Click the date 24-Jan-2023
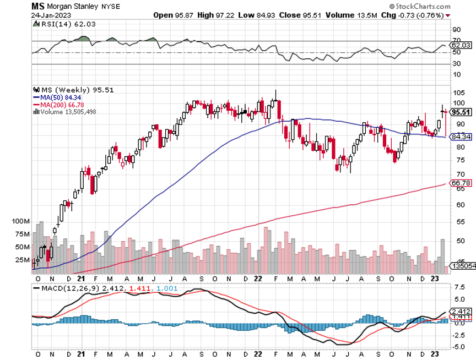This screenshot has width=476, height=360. [x=48, y=15]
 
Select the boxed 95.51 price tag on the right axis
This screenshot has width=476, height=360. [x=461, y=112]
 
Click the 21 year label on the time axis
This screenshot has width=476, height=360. [x=80, y=279]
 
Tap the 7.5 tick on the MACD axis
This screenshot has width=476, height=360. [x=458, y=287]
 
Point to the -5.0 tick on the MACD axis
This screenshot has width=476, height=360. [x=458, y=347]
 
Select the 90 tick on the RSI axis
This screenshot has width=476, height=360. [x=456, y=29]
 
